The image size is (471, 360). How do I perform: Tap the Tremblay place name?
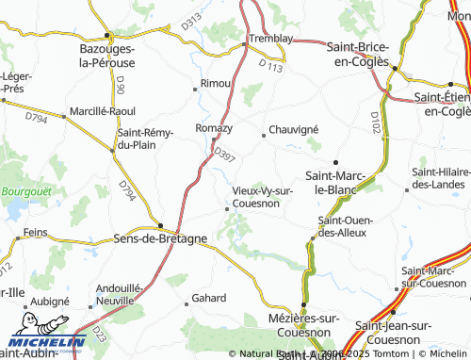(270, 39)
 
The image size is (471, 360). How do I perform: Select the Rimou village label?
(217, 83)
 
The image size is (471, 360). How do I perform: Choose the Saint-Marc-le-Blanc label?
(336, 182)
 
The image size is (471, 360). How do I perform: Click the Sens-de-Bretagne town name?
(159, 238)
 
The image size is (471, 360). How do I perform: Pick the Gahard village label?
(209, 298)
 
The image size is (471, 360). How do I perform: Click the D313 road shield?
(193, 20)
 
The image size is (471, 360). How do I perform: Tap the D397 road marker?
(223, 153)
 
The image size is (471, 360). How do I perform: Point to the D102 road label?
(376, 121)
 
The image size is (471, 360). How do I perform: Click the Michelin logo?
(41, 342)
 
